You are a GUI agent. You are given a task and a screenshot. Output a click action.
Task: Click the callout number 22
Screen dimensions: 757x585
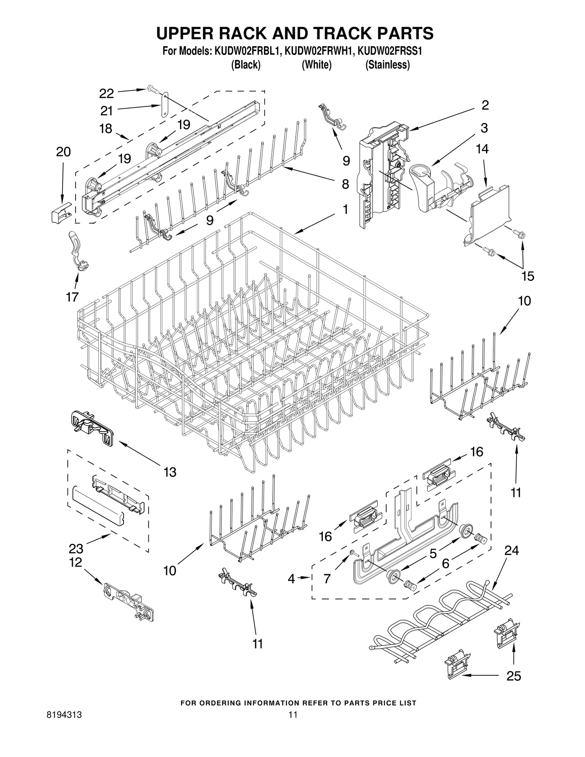(106, 94)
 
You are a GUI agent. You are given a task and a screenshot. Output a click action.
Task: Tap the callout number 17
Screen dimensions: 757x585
(72, 297)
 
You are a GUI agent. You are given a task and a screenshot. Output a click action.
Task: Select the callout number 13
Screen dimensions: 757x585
(170, 472)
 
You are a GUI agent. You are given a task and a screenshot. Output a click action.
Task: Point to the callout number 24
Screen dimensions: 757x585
(512, 550)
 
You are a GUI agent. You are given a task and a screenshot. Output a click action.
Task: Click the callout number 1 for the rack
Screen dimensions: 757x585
(345, 209)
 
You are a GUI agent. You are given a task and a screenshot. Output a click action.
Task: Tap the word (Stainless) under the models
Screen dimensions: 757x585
(388, 65)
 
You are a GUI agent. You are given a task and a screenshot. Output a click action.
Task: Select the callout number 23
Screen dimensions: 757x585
(76, 549)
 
